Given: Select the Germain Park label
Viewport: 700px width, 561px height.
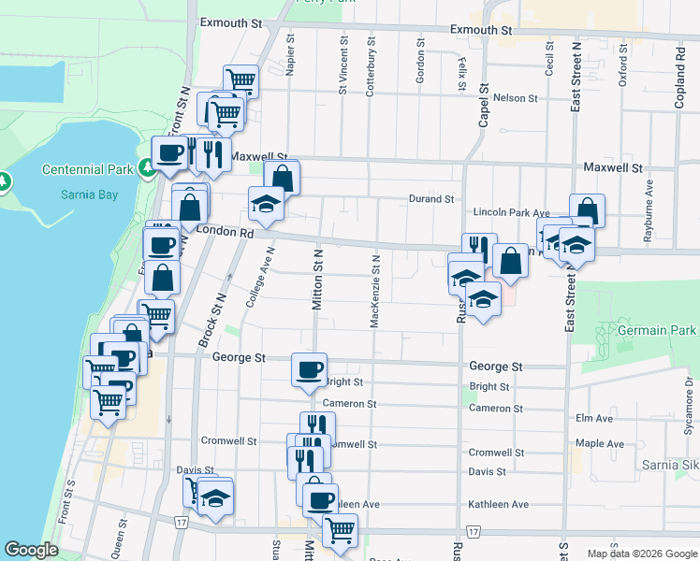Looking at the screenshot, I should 658,330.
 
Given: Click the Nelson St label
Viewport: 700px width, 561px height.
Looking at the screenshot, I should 515,97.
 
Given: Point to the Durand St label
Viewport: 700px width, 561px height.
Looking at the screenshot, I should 430,199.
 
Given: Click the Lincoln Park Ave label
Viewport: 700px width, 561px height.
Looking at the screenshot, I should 511,214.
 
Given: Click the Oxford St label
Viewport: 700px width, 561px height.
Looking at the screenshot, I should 622,70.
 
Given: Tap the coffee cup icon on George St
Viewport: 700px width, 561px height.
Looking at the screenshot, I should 309,368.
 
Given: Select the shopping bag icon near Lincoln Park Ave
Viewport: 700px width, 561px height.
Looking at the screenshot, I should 587,210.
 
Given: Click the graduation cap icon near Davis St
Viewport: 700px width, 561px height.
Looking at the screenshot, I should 215,495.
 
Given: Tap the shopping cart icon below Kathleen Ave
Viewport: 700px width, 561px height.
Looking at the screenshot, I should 339,529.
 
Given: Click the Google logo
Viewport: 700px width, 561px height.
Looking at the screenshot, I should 31,550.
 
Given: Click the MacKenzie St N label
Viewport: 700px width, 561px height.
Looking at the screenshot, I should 374,291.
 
